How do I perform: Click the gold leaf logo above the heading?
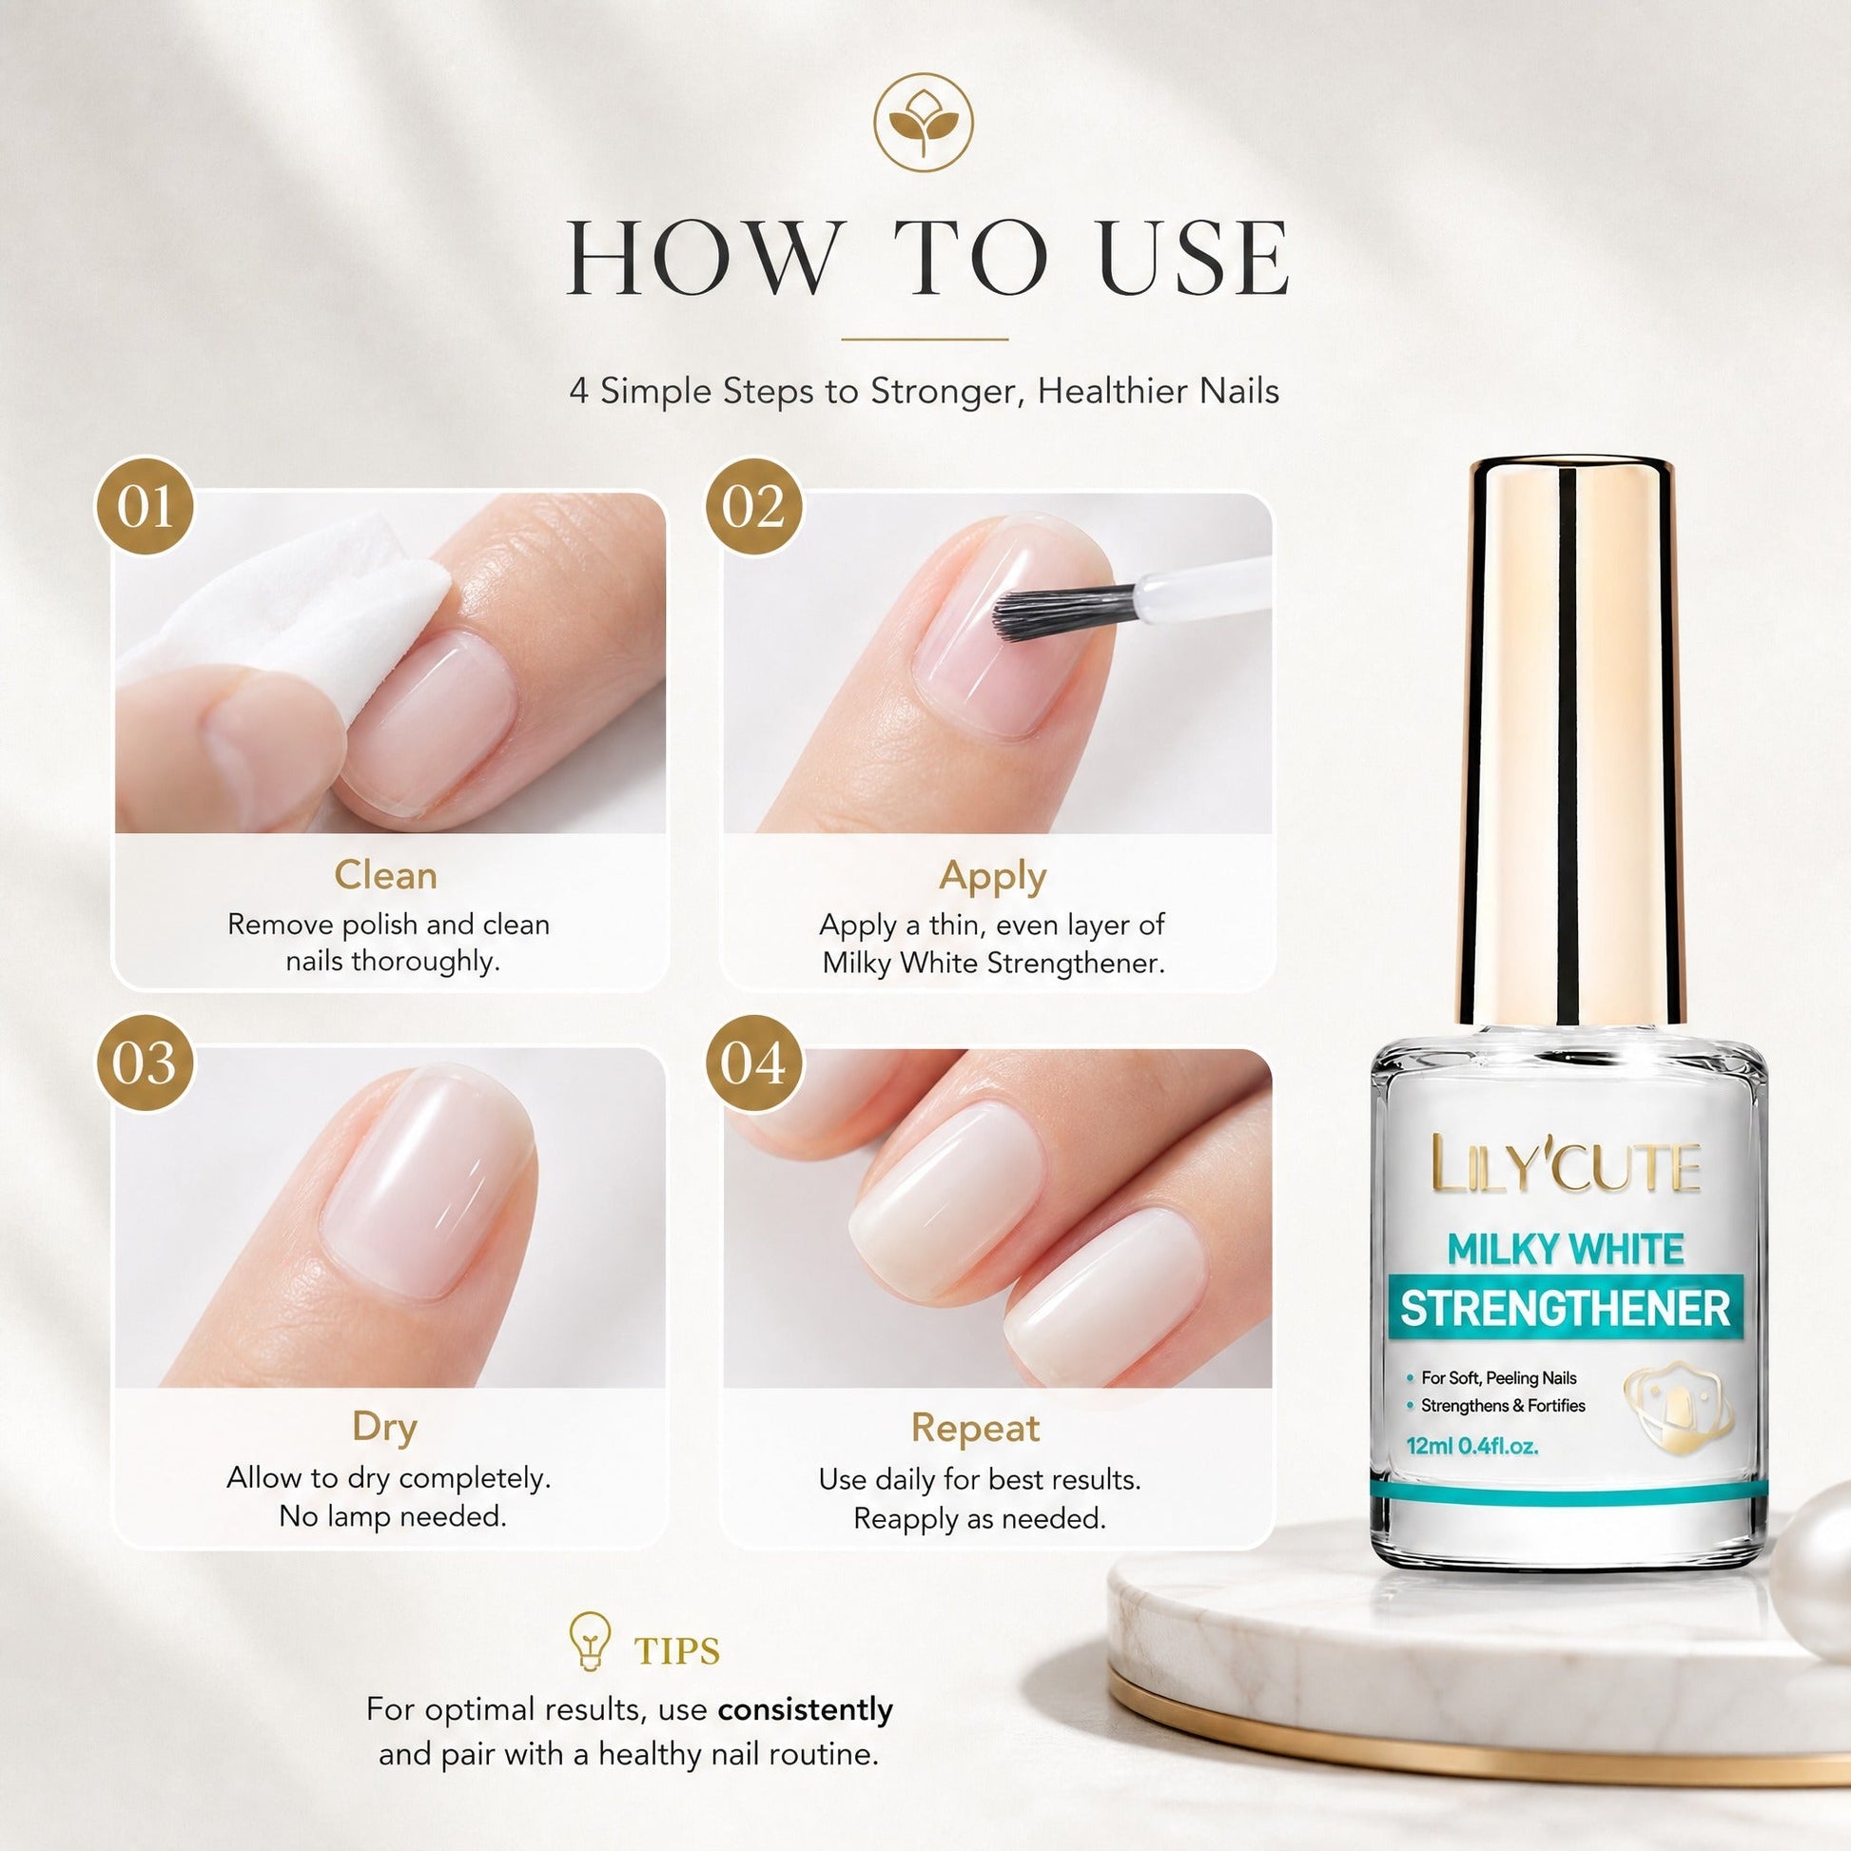pos(923,124)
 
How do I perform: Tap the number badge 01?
pos(144,506)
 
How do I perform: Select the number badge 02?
pos(754,506)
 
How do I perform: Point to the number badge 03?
pos(144,1062)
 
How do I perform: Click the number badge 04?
pos(754,1062)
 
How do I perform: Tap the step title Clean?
pos(385,875)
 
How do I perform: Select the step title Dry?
pos(385,1428)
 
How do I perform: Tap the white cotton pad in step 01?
pos(287,623)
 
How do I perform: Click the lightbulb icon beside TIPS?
pos(590,1641)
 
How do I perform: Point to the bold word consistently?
pos(805,1709)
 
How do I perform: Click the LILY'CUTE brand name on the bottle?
pos(1566,1165)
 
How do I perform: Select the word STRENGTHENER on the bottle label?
pos(1566,1309)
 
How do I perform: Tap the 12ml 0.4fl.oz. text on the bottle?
pos(1471,1446)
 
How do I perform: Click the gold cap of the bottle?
pos(1571,743)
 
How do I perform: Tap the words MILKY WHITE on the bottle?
pos(1566,1249)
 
